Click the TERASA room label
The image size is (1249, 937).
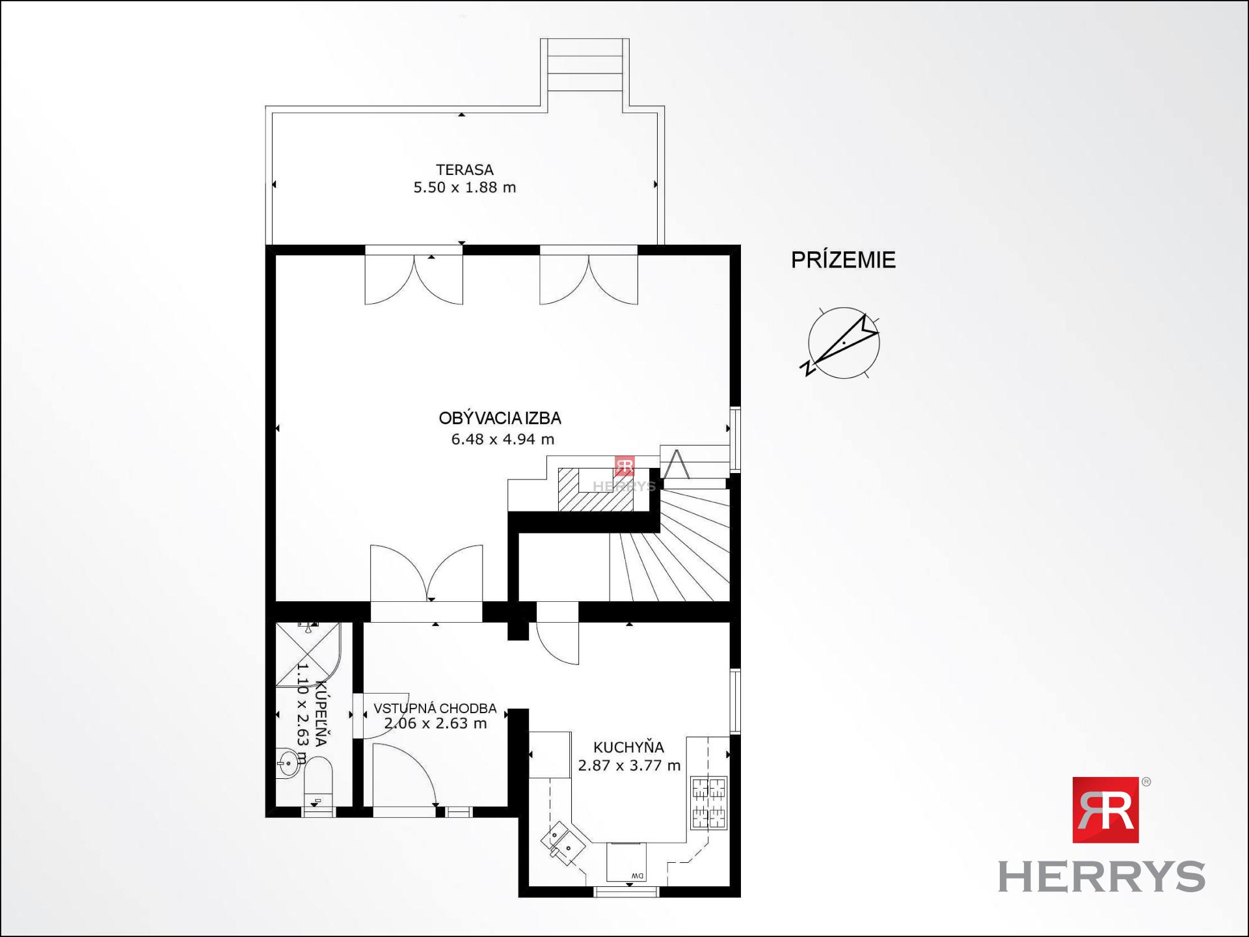[x=464, y=170]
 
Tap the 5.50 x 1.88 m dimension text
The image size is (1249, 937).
[x=464, y=187]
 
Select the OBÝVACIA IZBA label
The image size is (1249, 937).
[x=500, y=418]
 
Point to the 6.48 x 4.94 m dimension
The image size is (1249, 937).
[x=503, y=439]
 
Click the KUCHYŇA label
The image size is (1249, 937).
[x=628, y=748]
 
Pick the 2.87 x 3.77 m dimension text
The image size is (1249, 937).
[x=629, y=766]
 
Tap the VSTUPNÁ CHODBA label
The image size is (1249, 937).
[x=435, y=708]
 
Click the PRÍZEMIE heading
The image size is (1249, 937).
[x=843, y=260]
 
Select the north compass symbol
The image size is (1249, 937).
[x=842, y=344]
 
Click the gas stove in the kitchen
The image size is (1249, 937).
[x=708, y=804]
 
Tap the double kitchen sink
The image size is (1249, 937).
[x=563, y=843]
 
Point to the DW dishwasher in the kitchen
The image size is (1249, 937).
[x=626, y=862]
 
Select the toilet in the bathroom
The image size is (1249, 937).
[x=317, y=784]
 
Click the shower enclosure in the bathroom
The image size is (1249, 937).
[x=308, y=655]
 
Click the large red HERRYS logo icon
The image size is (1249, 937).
[x=1105, y=809]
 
